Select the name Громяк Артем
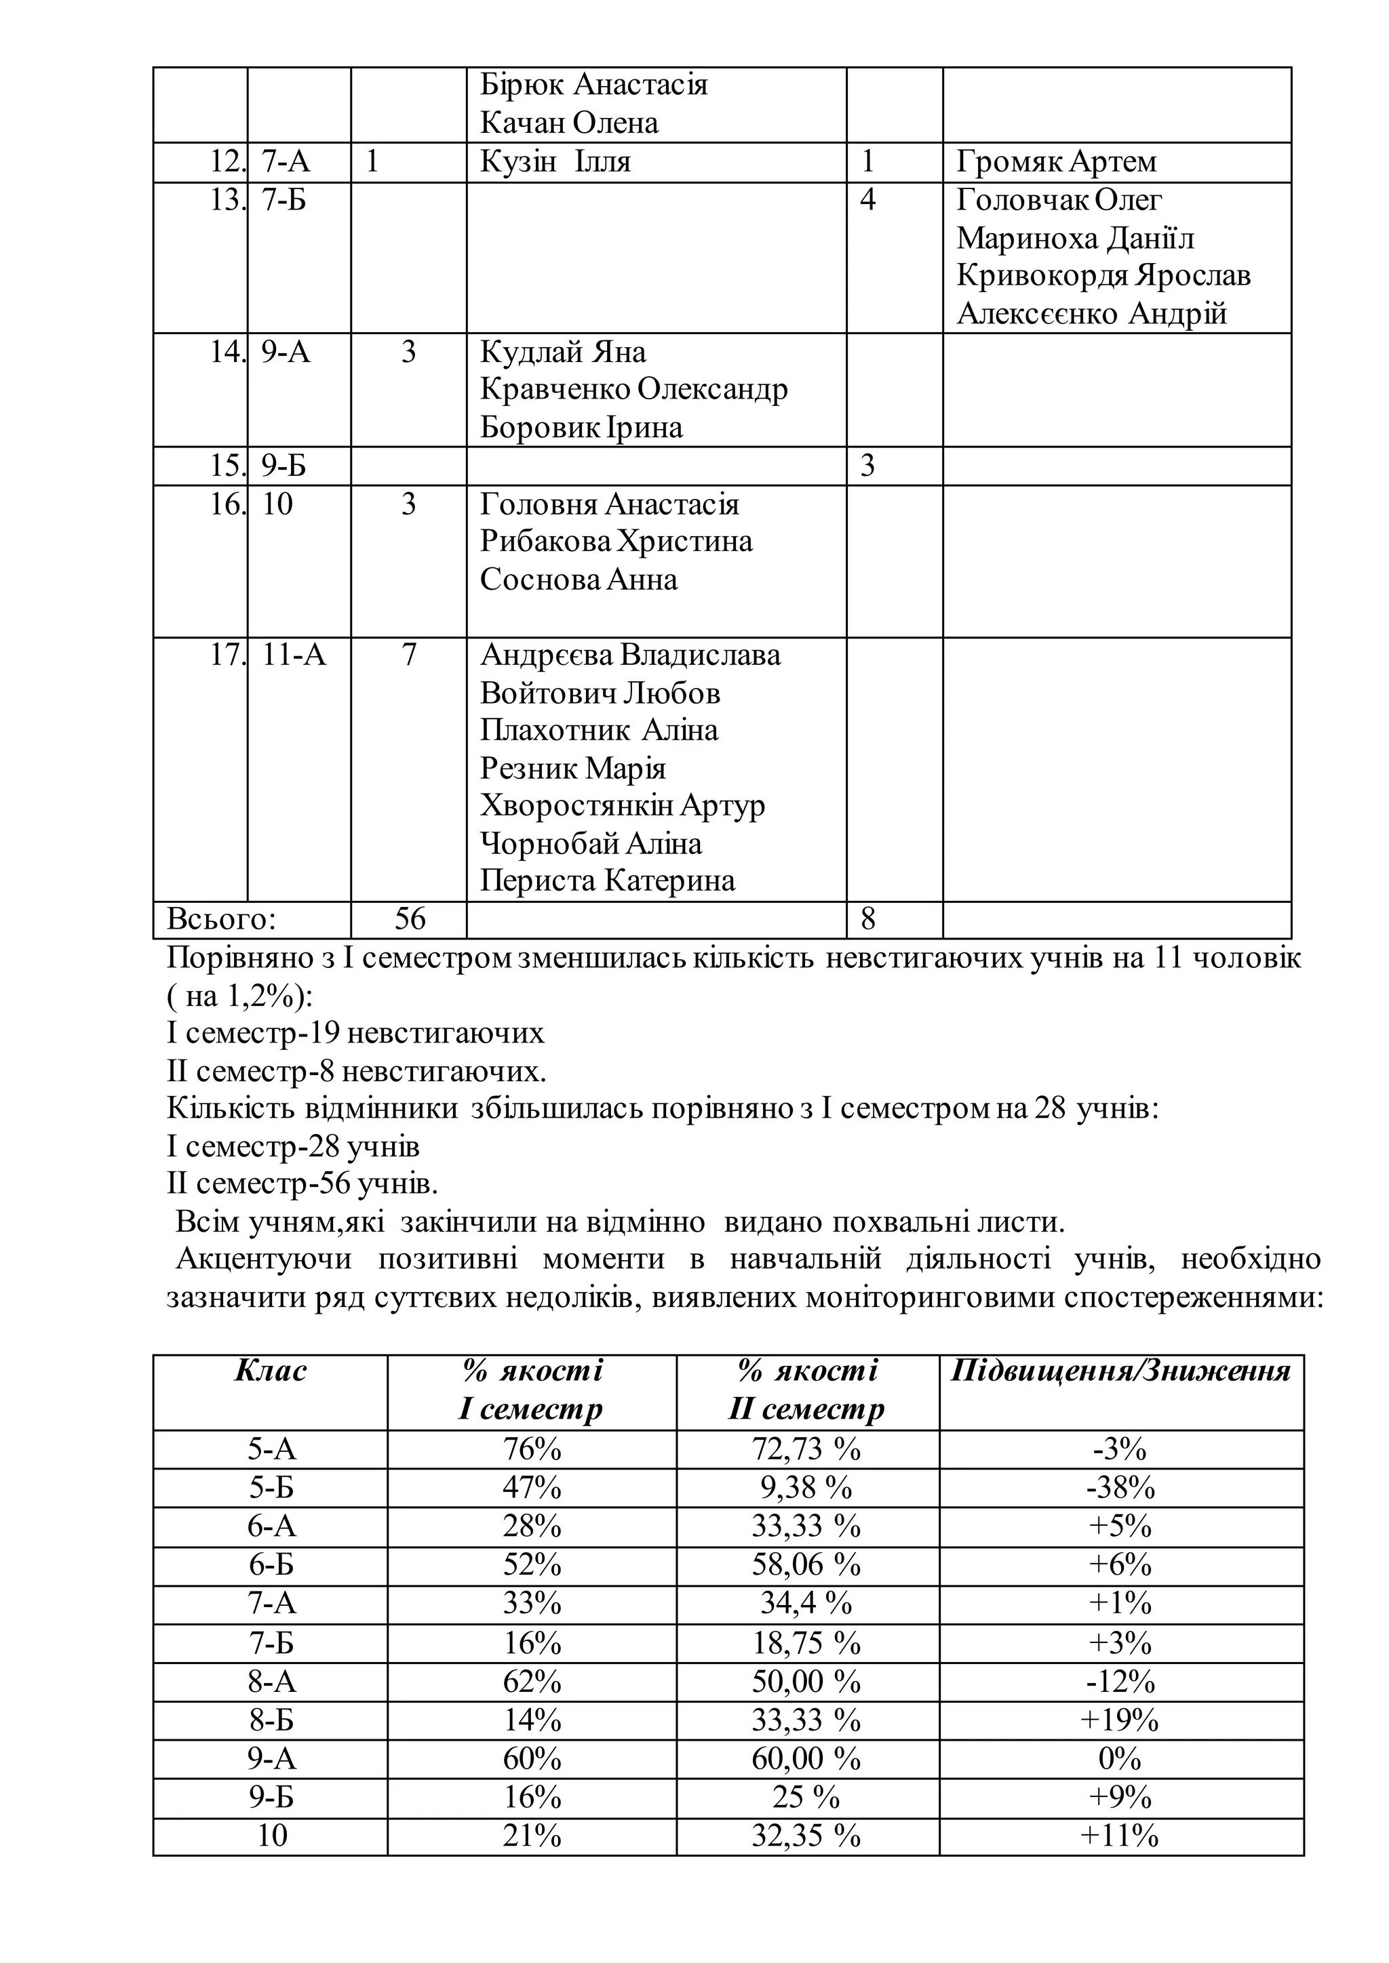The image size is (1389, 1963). point(1055,161)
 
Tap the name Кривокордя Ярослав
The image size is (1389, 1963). point(1103,275)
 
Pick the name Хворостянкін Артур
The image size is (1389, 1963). point(622,806)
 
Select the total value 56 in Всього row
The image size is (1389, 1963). point(410,919)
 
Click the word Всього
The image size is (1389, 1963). point(220,919)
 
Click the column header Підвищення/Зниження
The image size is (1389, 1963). point(1120,1372)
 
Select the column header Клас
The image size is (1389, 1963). point(271,1372)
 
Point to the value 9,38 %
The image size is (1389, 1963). point(806,1489)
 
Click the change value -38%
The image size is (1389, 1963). point(1120,1489)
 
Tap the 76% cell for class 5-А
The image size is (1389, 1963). point(531,1450)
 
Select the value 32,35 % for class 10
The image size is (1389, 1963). point(806,1836)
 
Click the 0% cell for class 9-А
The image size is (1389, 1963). point(1120,1759)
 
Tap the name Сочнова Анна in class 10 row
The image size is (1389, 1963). point(578,580)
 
